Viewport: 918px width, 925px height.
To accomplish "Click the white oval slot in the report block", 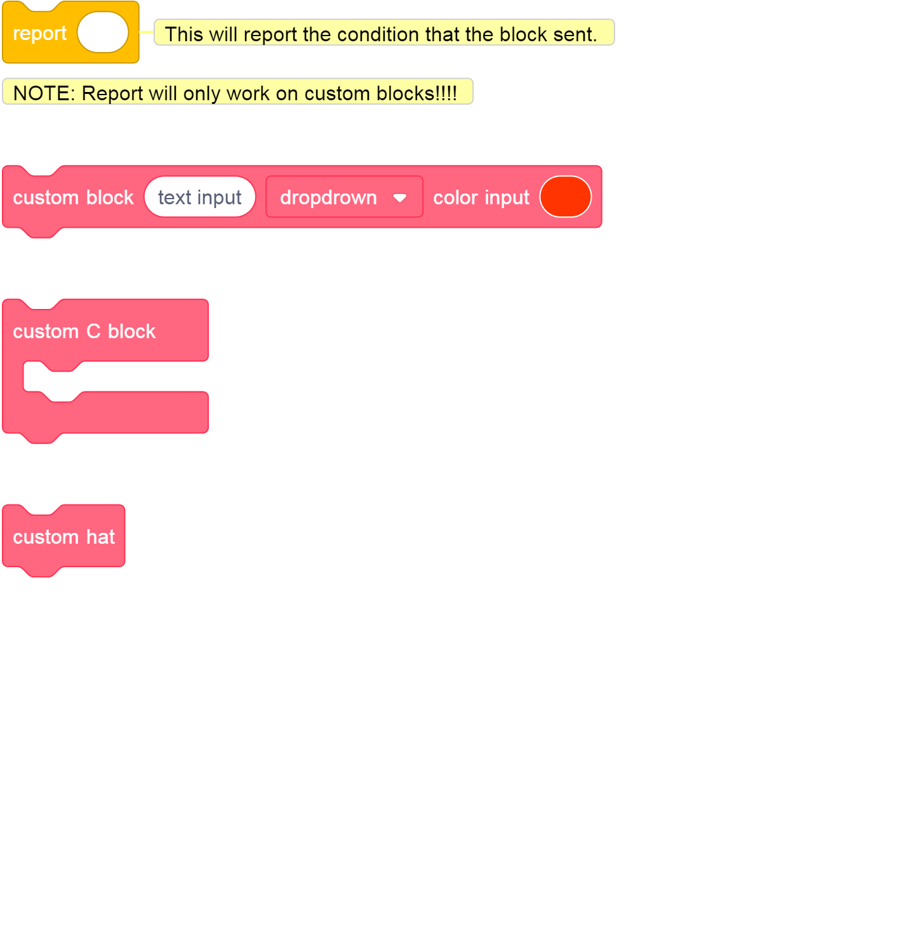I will pos(103,32).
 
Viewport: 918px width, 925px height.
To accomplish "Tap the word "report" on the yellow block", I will pos(39,33).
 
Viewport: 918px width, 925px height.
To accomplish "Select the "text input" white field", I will pos(199,197).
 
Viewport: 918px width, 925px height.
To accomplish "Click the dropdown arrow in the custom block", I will pos(400,198).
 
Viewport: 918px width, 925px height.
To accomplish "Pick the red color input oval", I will pos(565,197).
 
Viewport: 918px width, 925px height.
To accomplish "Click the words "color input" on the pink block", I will pos(481,198).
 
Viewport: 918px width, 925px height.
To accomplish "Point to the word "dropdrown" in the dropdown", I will pos(328,198).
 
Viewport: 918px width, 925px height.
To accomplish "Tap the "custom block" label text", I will pos(73,198).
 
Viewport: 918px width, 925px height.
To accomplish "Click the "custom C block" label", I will pos(84,331).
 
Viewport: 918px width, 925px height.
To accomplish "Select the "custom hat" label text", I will pos(63,537).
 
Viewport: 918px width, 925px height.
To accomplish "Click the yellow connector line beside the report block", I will pos(146,32).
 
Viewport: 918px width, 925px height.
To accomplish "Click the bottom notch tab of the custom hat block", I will pos(42,572).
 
